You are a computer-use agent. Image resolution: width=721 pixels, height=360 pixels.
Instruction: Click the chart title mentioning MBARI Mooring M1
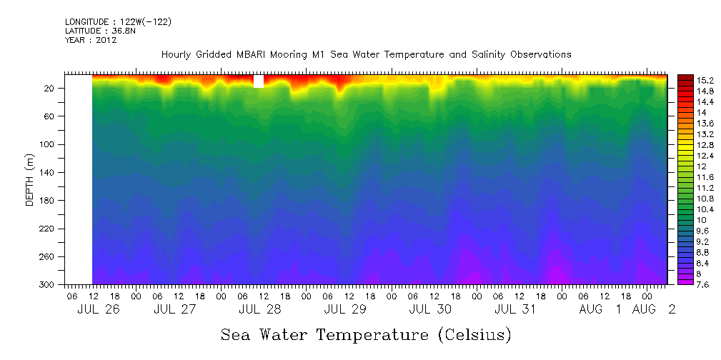(366, 55)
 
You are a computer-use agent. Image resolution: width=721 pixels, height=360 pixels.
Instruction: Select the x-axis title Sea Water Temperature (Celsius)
(366, 335)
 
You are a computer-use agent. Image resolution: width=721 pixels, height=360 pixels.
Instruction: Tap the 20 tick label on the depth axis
(50, 89)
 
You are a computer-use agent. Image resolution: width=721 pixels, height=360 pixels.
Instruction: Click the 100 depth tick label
(48, 145)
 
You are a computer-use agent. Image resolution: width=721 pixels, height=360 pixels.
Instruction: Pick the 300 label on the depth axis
(48, 285)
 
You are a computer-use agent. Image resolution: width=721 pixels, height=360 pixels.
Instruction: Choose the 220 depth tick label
(48, 229)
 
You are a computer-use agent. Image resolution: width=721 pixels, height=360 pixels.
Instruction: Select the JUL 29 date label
(345, 310)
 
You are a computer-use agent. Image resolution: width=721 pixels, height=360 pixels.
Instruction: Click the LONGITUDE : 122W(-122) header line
(118, 22)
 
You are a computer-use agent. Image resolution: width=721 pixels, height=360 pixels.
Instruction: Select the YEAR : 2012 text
(91, 41)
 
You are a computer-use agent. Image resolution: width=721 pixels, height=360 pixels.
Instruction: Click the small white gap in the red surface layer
(259, 81)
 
